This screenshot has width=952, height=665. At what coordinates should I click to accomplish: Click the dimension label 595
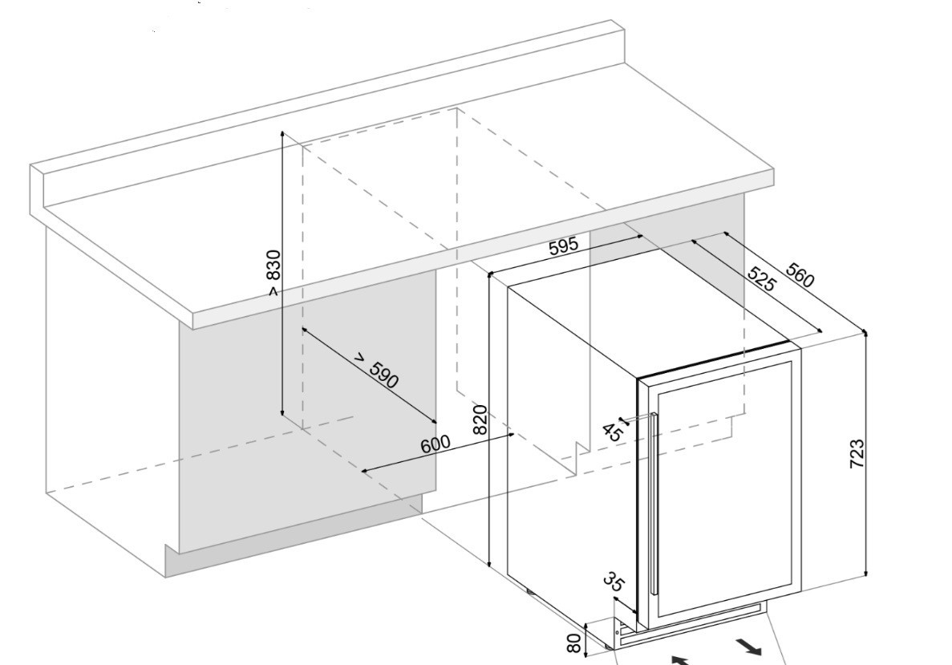[x=563, y=247]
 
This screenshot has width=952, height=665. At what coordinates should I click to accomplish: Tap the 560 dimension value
[x=799, y=275]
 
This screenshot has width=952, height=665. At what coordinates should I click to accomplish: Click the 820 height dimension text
[x=480, y=420]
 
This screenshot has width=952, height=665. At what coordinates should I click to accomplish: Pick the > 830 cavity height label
[x=273, y=274]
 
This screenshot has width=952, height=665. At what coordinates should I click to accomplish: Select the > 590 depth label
[x=377, y=371]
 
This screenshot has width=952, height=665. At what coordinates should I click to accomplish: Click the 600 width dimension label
[x=435, y=444]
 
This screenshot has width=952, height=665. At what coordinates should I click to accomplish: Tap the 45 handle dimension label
[x=612, y=432]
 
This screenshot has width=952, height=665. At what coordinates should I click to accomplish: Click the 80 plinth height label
[x=573, y=643]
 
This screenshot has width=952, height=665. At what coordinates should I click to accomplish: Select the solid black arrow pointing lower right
[x=747, y=646]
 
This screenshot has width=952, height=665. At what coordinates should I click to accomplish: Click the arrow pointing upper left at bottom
[x=679, y=660]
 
